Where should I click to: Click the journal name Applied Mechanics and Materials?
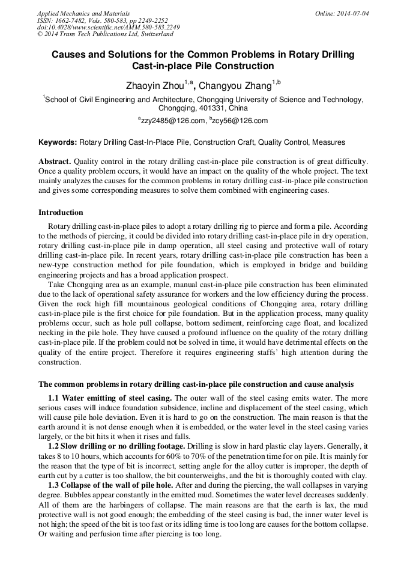[x=83, y=13]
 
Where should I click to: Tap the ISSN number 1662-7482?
[x=73, y=20]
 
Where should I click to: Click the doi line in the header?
[x=108, y=28]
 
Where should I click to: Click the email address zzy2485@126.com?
[x=172, y=121]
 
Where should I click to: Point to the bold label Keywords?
[x=58, y=143]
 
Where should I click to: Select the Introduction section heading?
[x=61, y=213]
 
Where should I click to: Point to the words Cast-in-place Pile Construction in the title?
[x=203, y=66]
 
